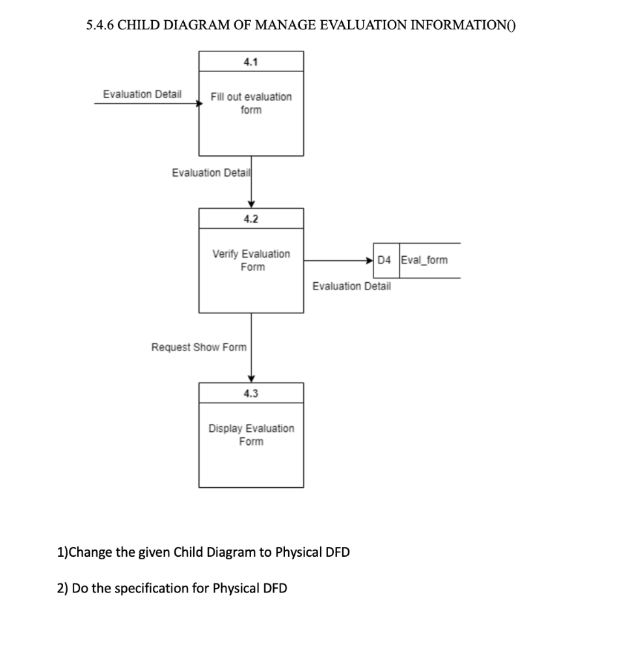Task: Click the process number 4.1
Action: pyautogui.click(x=250, y=62)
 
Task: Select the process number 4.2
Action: pyautogui.click(x=250, y=219)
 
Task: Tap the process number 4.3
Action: pyautogui.click(x=250, y=393)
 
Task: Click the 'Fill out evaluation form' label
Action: pyautogui.click(x=251, y=103)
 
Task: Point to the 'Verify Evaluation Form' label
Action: pyautogui.click(x=251, y=260)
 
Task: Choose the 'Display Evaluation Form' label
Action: pyautogui.click(x=251, y=435)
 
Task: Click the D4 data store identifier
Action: pyautogui.click(x=385, y=260)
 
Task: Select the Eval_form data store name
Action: pyautogui.click(x=424, y=260)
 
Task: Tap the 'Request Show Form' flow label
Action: pyautogui.click(x=199, y=347)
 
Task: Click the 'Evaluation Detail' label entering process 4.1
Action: pyautogui.click(x=142, y=95)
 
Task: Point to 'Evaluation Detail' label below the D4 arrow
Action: pyautogui.click(x=352, y=286)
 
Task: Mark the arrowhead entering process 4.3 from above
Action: pyautogui.click(x=251, y=379)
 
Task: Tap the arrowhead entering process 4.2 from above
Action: pyautogui.click(x=251, y=204)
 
